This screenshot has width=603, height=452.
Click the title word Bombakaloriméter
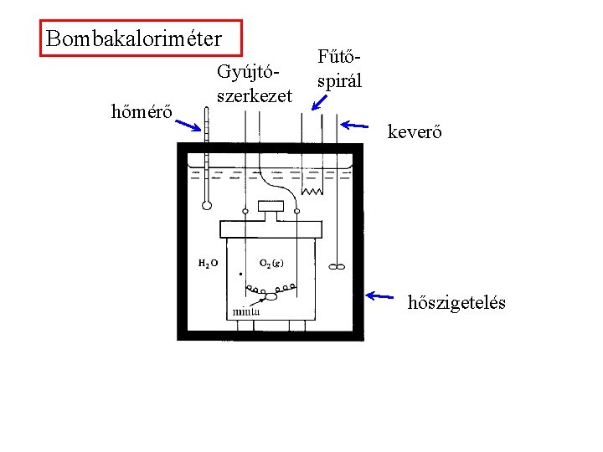click(x=134, y=39)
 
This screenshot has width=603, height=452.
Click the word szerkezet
click(x=254, y=96)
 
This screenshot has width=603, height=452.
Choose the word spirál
click(x=339, y=81)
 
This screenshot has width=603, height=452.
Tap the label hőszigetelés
click(x=456, y=302)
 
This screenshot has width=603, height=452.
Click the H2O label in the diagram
click(x=209, y=263)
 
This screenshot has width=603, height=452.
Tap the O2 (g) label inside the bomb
click(x=271, y=263)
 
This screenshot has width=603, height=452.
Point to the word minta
click(x=245, y=311)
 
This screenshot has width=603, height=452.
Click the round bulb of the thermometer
click(x=205, y=204)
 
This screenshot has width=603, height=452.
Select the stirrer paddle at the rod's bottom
click(x=337, y=268)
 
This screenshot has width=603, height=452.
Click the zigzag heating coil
click(x=312, y=192)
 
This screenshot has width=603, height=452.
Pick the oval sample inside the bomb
click(x=271, y=296)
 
